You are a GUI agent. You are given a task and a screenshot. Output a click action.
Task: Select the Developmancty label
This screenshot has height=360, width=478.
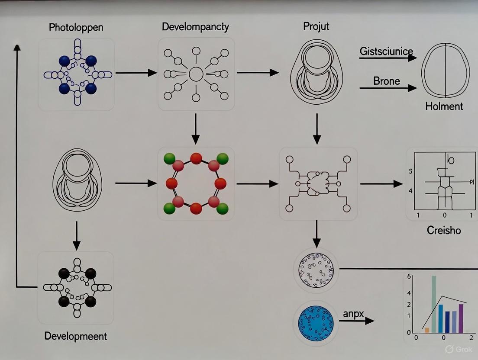tap(195, 27)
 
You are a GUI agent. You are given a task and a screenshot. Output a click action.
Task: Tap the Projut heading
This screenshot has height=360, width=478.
tap(316, 26)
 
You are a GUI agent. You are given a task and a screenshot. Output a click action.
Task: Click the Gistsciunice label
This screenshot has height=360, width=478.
tap(386, 51)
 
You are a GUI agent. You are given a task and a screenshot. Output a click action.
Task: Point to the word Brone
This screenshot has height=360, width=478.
tap(386, 80)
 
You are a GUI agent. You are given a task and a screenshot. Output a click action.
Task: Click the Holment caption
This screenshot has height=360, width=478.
tap(444, 106)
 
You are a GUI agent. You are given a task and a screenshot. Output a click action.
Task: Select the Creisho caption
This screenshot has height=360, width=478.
tap(444, 230)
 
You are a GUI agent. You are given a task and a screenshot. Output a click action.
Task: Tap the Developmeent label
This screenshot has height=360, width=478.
tap(76, 336)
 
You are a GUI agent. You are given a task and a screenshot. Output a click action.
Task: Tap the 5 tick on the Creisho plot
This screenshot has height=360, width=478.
tap(410, 171)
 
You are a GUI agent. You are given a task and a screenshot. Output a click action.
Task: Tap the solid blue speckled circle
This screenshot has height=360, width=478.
tap(317, 324)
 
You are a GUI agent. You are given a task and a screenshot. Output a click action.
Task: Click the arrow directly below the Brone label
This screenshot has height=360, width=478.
tap(388, 88)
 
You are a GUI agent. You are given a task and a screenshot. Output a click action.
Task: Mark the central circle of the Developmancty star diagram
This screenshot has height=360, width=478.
tap(196, 74)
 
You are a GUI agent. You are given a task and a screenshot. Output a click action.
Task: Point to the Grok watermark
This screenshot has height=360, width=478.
tap(460, 349)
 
